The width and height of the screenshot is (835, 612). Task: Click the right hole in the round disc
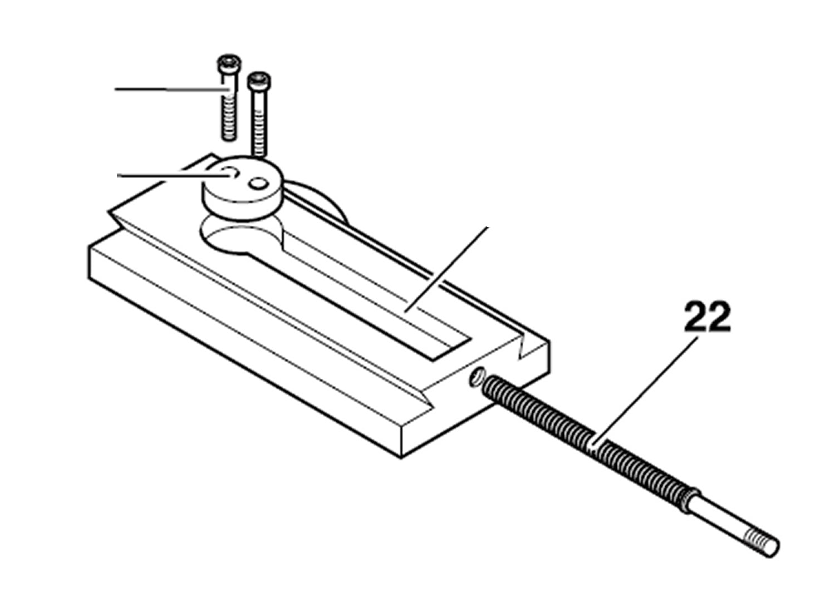259,183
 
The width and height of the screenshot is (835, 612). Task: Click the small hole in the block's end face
477,378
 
